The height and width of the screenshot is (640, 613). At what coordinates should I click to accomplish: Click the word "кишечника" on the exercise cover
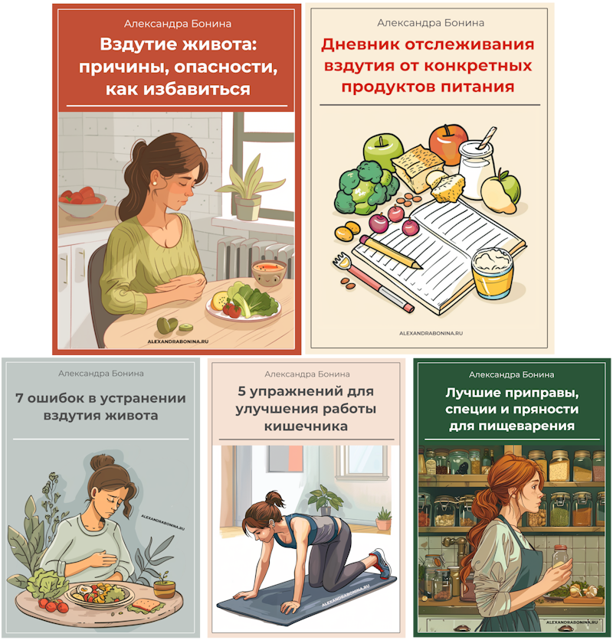pos(305,426)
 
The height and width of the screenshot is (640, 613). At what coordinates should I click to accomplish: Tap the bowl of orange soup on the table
pos(268,269)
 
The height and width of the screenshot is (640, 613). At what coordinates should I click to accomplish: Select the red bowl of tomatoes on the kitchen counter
pos(81,203)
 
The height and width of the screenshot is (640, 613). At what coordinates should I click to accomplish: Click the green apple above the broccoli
pos(382,150)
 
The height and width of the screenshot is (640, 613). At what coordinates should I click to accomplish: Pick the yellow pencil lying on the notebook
pos(391,252)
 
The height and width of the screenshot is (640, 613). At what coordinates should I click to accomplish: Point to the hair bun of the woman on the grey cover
pos(99,462)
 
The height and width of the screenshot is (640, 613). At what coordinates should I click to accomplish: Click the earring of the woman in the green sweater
pos(155,182)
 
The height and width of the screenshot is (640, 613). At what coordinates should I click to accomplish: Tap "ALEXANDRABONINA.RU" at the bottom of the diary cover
pos(431,334)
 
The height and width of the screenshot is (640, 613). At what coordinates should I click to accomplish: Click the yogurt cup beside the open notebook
pos(493,272)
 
